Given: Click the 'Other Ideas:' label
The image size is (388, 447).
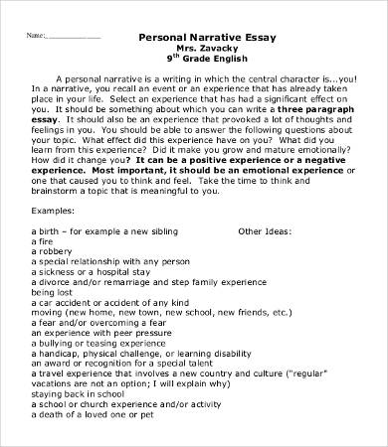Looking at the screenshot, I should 265,258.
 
